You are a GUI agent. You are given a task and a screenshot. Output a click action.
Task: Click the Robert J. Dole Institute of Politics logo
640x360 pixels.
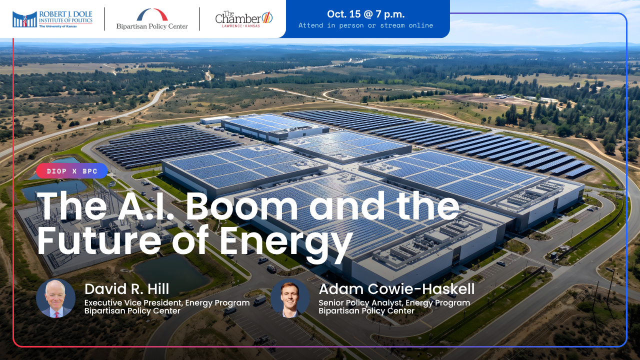pos(52,19)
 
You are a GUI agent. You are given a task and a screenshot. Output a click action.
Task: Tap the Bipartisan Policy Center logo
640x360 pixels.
pos(152,19)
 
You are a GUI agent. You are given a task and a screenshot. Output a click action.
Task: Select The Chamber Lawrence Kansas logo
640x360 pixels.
pos(243,19)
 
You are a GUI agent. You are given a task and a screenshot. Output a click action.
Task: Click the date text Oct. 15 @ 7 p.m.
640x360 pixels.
pos(365,14)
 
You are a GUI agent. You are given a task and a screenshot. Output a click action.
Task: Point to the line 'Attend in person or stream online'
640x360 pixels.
pos(365,25)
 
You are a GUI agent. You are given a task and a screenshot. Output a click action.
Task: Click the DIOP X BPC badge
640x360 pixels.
pos(71,171)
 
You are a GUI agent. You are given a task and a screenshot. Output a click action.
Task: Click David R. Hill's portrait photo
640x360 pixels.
pos(55,298)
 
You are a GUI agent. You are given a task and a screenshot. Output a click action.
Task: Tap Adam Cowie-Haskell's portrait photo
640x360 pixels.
pos(290,298)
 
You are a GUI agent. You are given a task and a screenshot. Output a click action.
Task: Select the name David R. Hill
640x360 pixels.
pos(126,289)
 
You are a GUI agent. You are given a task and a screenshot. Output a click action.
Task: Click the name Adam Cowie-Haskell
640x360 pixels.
pos(396,289)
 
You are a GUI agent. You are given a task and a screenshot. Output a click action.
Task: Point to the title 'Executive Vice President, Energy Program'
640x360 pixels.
pos(167,303)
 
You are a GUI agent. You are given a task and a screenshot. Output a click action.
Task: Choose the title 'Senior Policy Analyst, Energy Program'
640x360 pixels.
pos(394,303)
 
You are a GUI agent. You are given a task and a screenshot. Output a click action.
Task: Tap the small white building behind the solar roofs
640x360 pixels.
pos(215,119)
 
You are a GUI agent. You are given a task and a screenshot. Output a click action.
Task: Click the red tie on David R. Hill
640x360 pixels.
pos(56,314)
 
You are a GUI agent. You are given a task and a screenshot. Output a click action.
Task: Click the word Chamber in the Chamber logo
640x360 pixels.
pos(237,19)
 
